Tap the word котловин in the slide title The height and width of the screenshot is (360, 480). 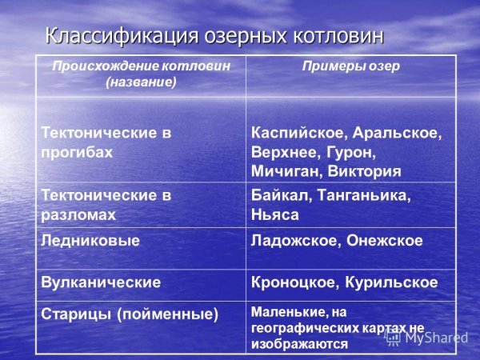point(339,37)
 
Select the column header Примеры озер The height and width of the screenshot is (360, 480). point(350,66)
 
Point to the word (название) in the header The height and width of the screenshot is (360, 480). point(141,82)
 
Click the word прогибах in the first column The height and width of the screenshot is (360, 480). point(77,151)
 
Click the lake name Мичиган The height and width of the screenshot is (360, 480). point(286,171)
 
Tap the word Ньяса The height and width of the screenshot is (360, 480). point(274,214)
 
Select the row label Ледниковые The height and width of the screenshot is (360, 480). point(90,240)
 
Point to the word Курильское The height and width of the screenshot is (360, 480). point(392,282)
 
